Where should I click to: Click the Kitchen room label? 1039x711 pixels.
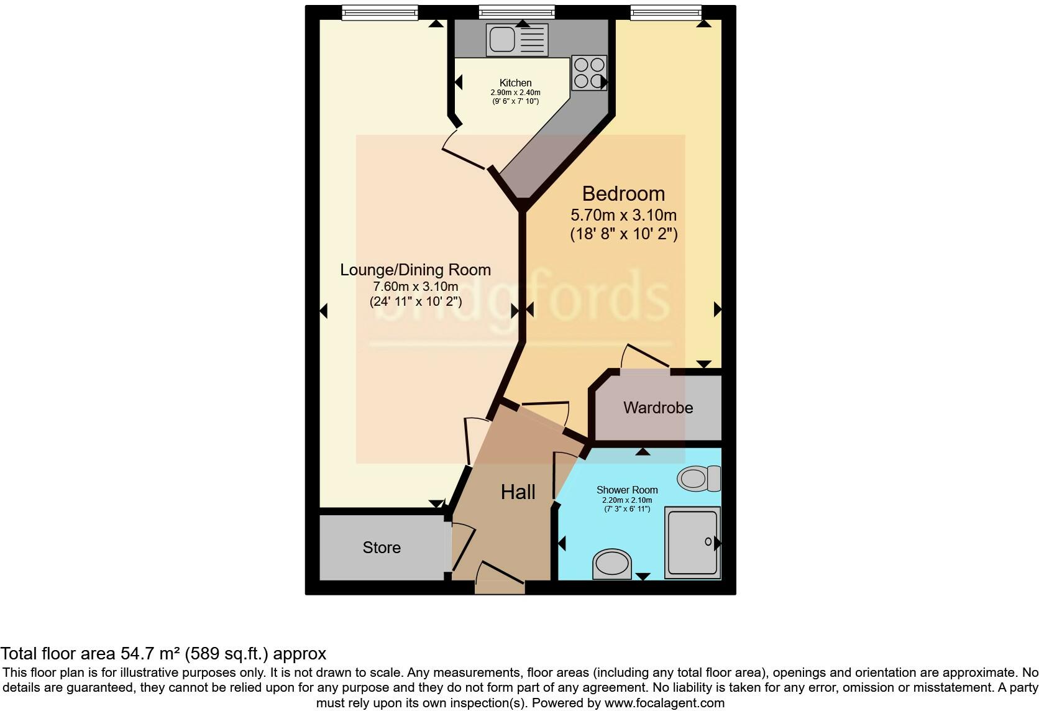click(515, 83)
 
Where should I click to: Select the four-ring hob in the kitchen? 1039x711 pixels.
click(588, 73)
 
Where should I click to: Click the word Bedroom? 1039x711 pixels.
click(623, 194)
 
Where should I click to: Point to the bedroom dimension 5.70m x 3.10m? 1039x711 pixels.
click(623, 216)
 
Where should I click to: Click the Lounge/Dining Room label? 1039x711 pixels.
click(415, 270)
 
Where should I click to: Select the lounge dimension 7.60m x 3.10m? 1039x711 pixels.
click(415, 287)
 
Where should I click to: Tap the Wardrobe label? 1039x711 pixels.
click(658, 408)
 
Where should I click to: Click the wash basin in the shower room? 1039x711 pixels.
click(612, 564)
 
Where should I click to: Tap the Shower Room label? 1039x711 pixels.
click(627, 490)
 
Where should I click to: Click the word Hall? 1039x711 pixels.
click(518, 492)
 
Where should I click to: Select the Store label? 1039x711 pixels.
click(382, 548)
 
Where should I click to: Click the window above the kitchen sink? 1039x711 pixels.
click(516, 11)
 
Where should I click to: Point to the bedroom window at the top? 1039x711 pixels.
click(666, 11)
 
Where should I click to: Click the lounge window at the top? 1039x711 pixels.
click(380, 11)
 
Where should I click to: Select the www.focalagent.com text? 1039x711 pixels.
click(664, 704)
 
